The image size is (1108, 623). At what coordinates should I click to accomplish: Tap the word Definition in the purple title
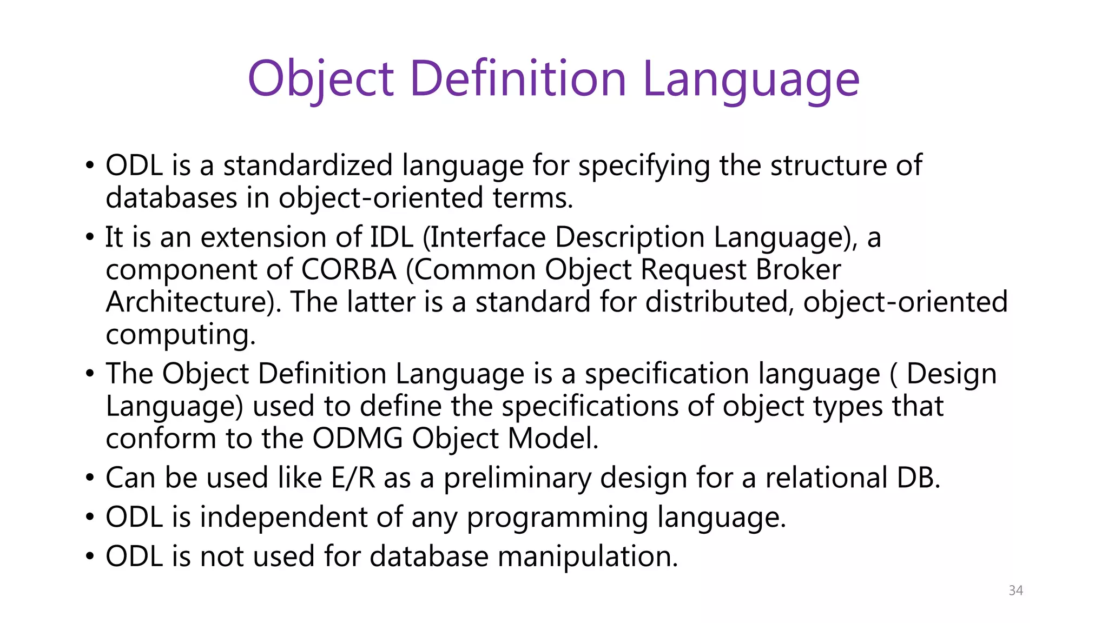518,79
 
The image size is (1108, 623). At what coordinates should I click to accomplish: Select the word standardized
308,165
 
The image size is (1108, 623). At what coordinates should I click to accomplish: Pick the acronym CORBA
349,270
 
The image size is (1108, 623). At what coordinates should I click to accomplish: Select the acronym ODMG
358,439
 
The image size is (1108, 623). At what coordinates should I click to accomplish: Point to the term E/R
353,478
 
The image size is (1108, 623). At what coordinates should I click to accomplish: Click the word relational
826,478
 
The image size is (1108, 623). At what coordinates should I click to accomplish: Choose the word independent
283,518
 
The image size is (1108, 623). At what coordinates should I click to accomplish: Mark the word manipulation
588,557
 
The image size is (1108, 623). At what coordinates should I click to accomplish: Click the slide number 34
1015,591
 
